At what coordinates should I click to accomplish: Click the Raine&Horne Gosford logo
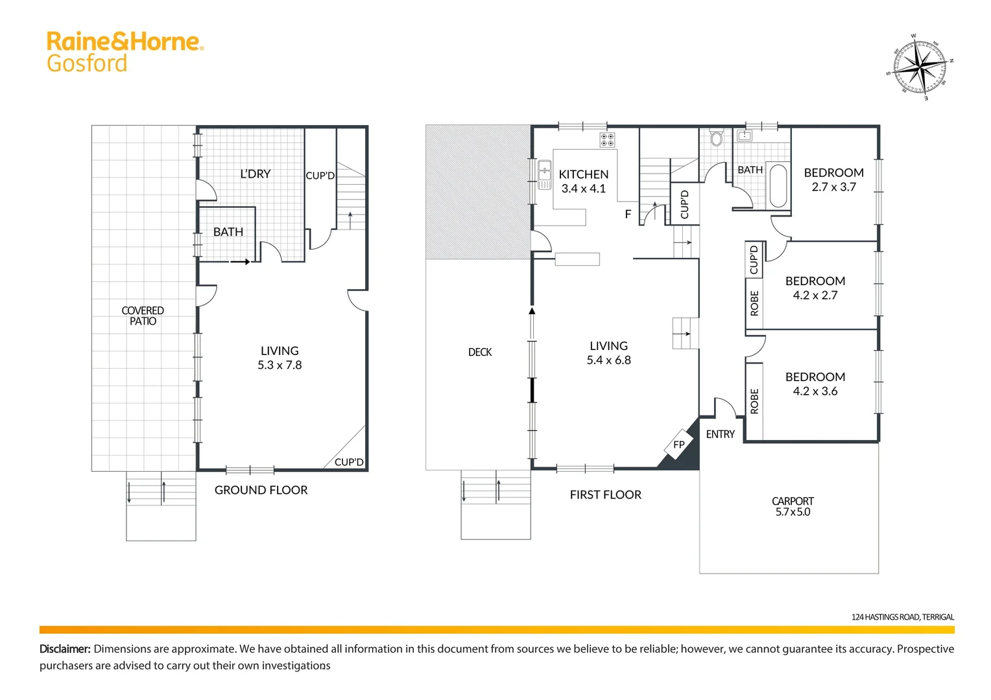click(125, 52)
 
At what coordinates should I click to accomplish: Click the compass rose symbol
click(920, 66)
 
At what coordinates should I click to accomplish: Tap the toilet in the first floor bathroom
click(716, 138)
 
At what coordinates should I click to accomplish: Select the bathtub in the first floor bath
click(778, 185)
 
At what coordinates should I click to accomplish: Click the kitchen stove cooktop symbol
click(607, 140)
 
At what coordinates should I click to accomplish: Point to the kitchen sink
click(544, 174)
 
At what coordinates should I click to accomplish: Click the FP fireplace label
click(679, 445)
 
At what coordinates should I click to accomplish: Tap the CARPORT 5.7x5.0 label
click(793, 506)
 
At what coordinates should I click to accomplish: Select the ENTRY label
click(720, 434)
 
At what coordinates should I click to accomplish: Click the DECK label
click(480, 352)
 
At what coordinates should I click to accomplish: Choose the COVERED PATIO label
click(143, 316)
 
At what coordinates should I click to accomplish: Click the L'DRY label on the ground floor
click(255, 174)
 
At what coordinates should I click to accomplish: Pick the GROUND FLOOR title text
click(261, 490)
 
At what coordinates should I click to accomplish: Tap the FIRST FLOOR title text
click(605, 495)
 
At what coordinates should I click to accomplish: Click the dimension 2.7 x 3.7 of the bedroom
click(833, 187)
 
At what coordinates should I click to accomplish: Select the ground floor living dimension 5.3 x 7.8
click(280, 365)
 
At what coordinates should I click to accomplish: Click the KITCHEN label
click(583, 174)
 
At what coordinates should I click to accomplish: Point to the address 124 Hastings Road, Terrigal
click(902, 617)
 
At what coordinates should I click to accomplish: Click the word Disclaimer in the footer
click(65, 649)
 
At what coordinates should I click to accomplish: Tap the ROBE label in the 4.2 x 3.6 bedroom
click(754, 401)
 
